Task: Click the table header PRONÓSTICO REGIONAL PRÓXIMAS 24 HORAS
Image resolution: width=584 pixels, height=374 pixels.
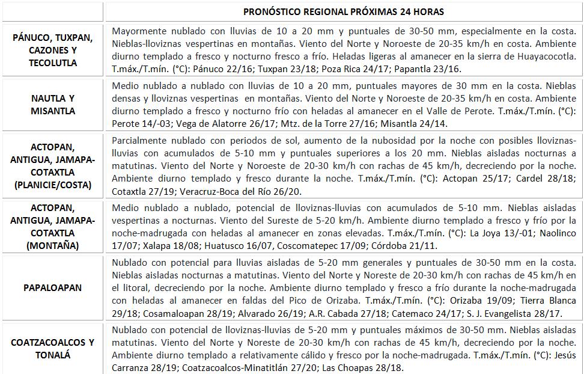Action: (344, 12)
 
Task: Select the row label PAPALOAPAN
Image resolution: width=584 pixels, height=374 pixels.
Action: (52, 288)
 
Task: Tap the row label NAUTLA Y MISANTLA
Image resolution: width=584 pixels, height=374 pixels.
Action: (52, 104)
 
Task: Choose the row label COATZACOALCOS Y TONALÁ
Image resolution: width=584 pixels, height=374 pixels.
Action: (52, 349)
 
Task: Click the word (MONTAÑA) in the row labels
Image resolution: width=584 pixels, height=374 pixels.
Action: (52, 245)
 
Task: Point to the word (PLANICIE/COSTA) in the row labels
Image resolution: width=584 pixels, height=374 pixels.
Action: (52, 185)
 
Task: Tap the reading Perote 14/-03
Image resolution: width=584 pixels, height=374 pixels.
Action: (141, 123)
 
